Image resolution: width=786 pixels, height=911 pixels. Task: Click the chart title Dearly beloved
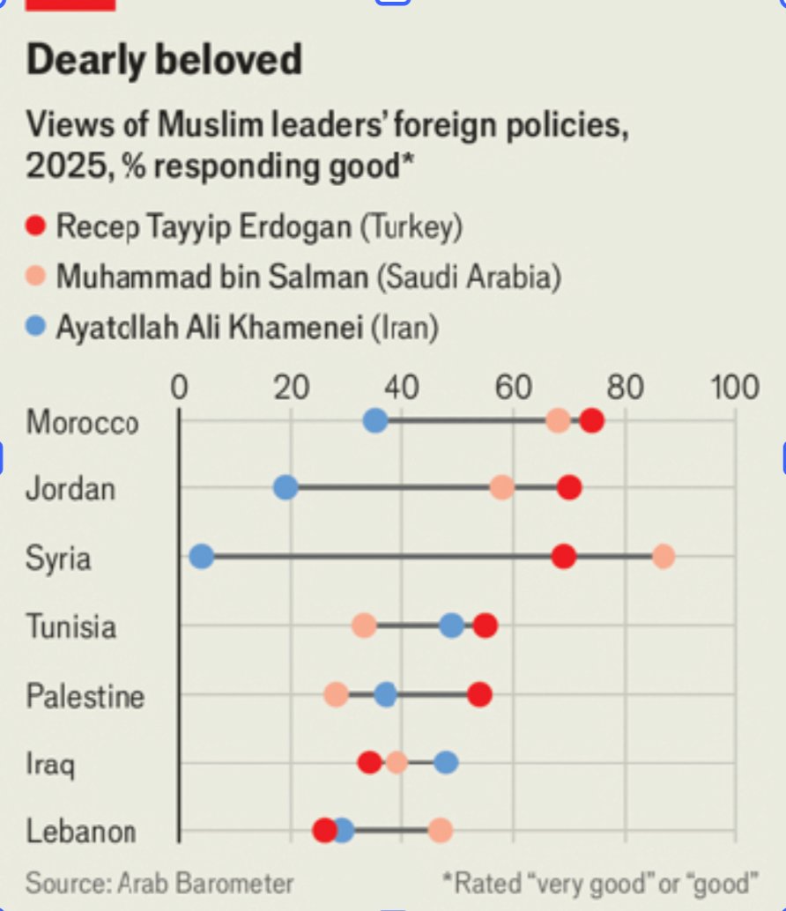164,61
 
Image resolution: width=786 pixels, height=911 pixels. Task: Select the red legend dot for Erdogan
36,227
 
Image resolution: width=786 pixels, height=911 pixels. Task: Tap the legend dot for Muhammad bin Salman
36,278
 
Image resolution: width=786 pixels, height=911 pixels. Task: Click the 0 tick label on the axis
179,388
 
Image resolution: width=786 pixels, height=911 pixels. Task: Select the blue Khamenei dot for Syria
202,557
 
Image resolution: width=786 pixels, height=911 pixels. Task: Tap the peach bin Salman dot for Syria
664,557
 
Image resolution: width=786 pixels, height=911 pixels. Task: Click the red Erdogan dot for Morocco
592,421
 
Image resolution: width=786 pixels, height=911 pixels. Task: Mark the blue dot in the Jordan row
285,487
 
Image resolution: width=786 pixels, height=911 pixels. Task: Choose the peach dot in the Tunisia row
364,626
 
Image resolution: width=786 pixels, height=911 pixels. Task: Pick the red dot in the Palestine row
479,694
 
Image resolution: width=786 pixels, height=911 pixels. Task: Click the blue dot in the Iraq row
446,762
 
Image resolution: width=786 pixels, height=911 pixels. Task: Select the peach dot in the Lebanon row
441,830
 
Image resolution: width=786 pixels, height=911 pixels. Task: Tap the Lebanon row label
80,831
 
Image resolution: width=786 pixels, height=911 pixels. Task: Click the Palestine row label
85,696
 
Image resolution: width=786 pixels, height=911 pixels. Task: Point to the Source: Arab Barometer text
159,883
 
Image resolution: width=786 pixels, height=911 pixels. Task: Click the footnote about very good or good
600,883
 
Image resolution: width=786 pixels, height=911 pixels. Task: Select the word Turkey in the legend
412,227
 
